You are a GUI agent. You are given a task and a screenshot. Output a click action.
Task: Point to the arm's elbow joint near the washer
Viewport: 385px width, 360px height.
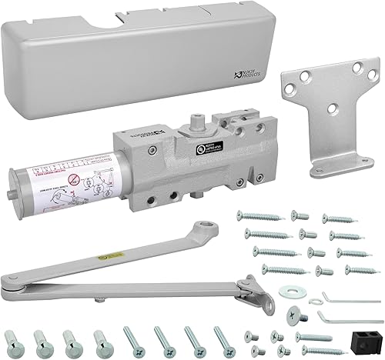(248, 288)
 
